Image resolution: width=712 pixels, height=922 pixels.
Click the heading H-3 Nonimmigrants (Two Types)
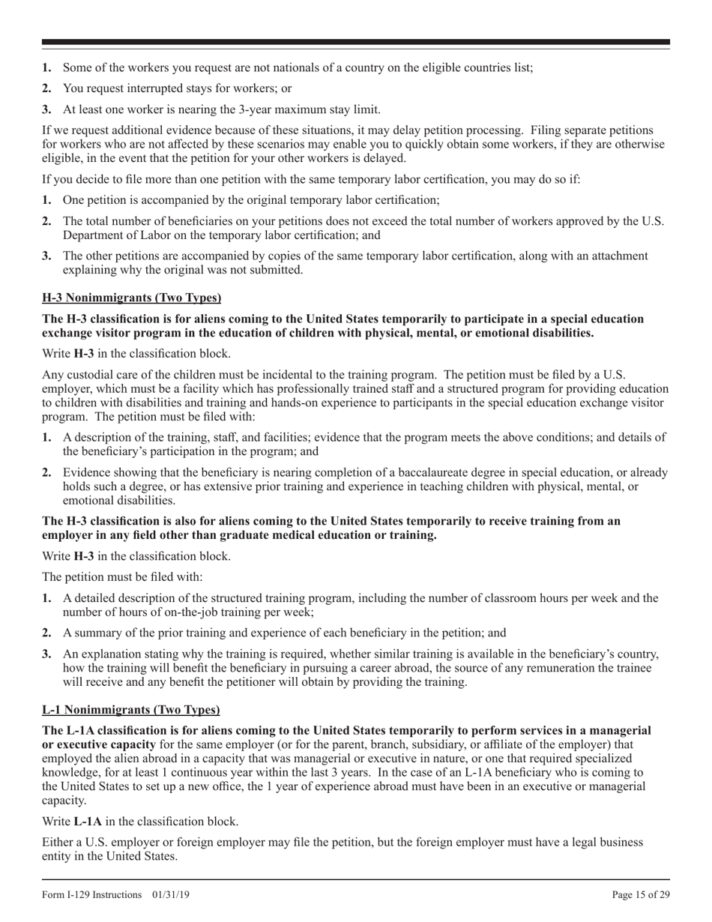pyautogui.click(x=131, y=298)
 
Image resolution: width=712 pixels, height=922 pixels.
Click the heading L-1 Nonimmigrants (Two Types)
pyautogui.click(x=131, y=709)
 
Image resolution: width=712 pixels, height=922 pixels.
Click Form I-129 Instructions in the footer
pyautogui.click(x=92, y=894)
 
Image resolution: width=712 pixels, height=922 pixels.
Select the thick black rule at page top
pyautogui.click(x=356, y=43)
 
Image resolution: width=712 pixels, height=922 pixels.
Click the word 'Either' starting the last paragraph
pyautogui.click(x=58, y=842)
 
